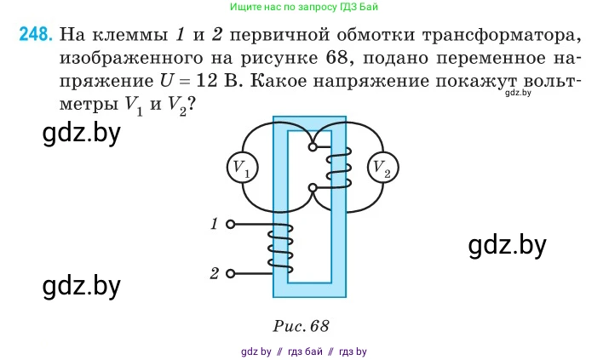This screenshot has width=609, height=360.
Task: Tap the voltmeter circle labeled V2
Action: (x=382, y=168)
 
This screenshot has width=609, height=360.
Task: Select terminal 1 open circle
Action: (x=231, y=225)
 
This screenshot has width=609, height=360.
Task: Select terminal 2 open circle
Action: (x=231, y=274)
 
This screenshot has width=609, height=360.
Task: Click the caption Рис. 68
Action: (x=302, y=325)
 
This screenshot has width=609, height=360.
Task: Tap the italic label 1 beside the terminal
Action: (x=214, y=224)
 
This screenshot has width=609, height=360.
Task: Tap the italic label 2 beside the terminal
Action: (x=214, y=274)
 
